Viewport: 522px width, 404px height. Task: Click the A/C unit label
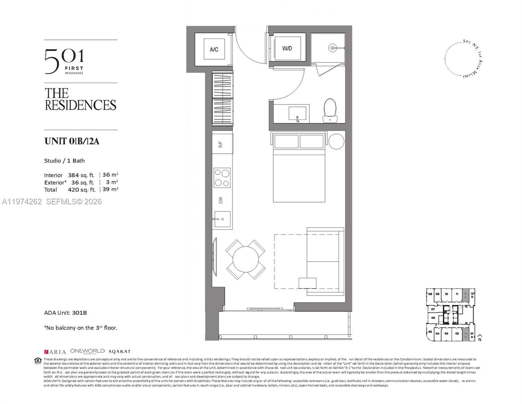tap(214, 49)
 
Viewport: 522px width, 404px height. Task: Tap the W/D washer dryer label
tap(287, 48)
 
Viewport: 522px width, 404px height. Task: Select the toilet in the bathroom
tap(330, 110)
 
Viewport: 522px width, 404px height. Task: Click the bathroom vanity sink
tap(297, 114)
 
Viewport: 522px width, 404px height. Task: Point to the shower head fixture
tap(332, 48)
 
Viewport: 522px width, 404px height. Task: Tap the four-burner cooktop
tap(222, 178)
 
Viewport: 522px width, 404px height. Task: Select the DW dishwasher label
tap(221, 200)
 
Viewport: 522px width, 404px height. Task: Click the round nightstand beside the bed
tap(336, 141)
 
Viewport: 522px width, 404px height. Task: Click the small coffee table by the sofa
tap(307, 283)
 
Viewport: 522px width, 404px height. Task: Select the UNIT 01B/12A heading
tap(72, 141)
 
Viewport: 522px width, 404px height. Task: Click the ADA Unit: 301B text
tap(66, 313)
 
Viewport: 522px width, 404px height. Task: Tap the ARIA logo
tap(55, 352)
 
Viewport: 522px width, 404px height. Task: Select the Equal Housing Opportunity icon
tap(38, 361)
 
